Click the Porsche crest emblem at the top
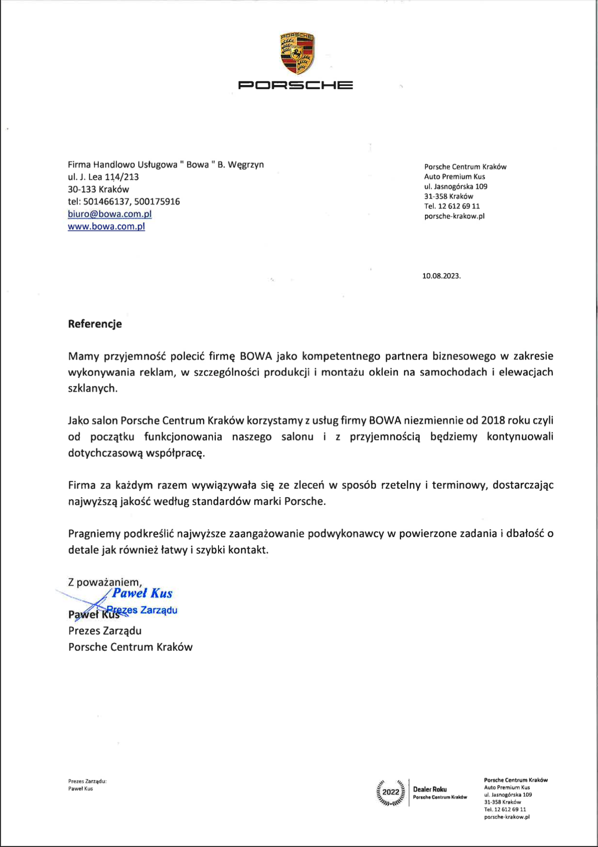click(297, 53)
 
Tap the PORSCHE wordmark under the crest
click(295, 85)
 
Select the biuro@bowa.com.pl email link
click(109, 214)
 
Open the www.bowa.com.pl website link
click(106, 226)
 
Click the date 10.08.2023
click(441, 276)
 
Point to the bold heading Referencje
click(95, 324)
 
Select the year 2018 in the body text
click(493, 420)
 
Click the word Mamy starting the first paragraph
click(83, 356)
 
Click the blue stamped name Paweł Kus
click(142, 593)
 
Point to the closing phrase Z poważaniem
click(104, 582)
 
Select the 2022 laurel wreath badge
click(391, 792)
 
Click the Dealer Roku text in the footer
click(430, 789)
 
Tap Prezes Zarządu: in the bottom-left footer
click(87, 781)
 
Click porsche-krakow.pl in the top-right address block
click(454, 216)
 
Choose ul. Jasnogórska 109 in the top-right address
click(455, 186)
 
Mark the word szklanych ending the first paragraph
click(92, 388)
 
